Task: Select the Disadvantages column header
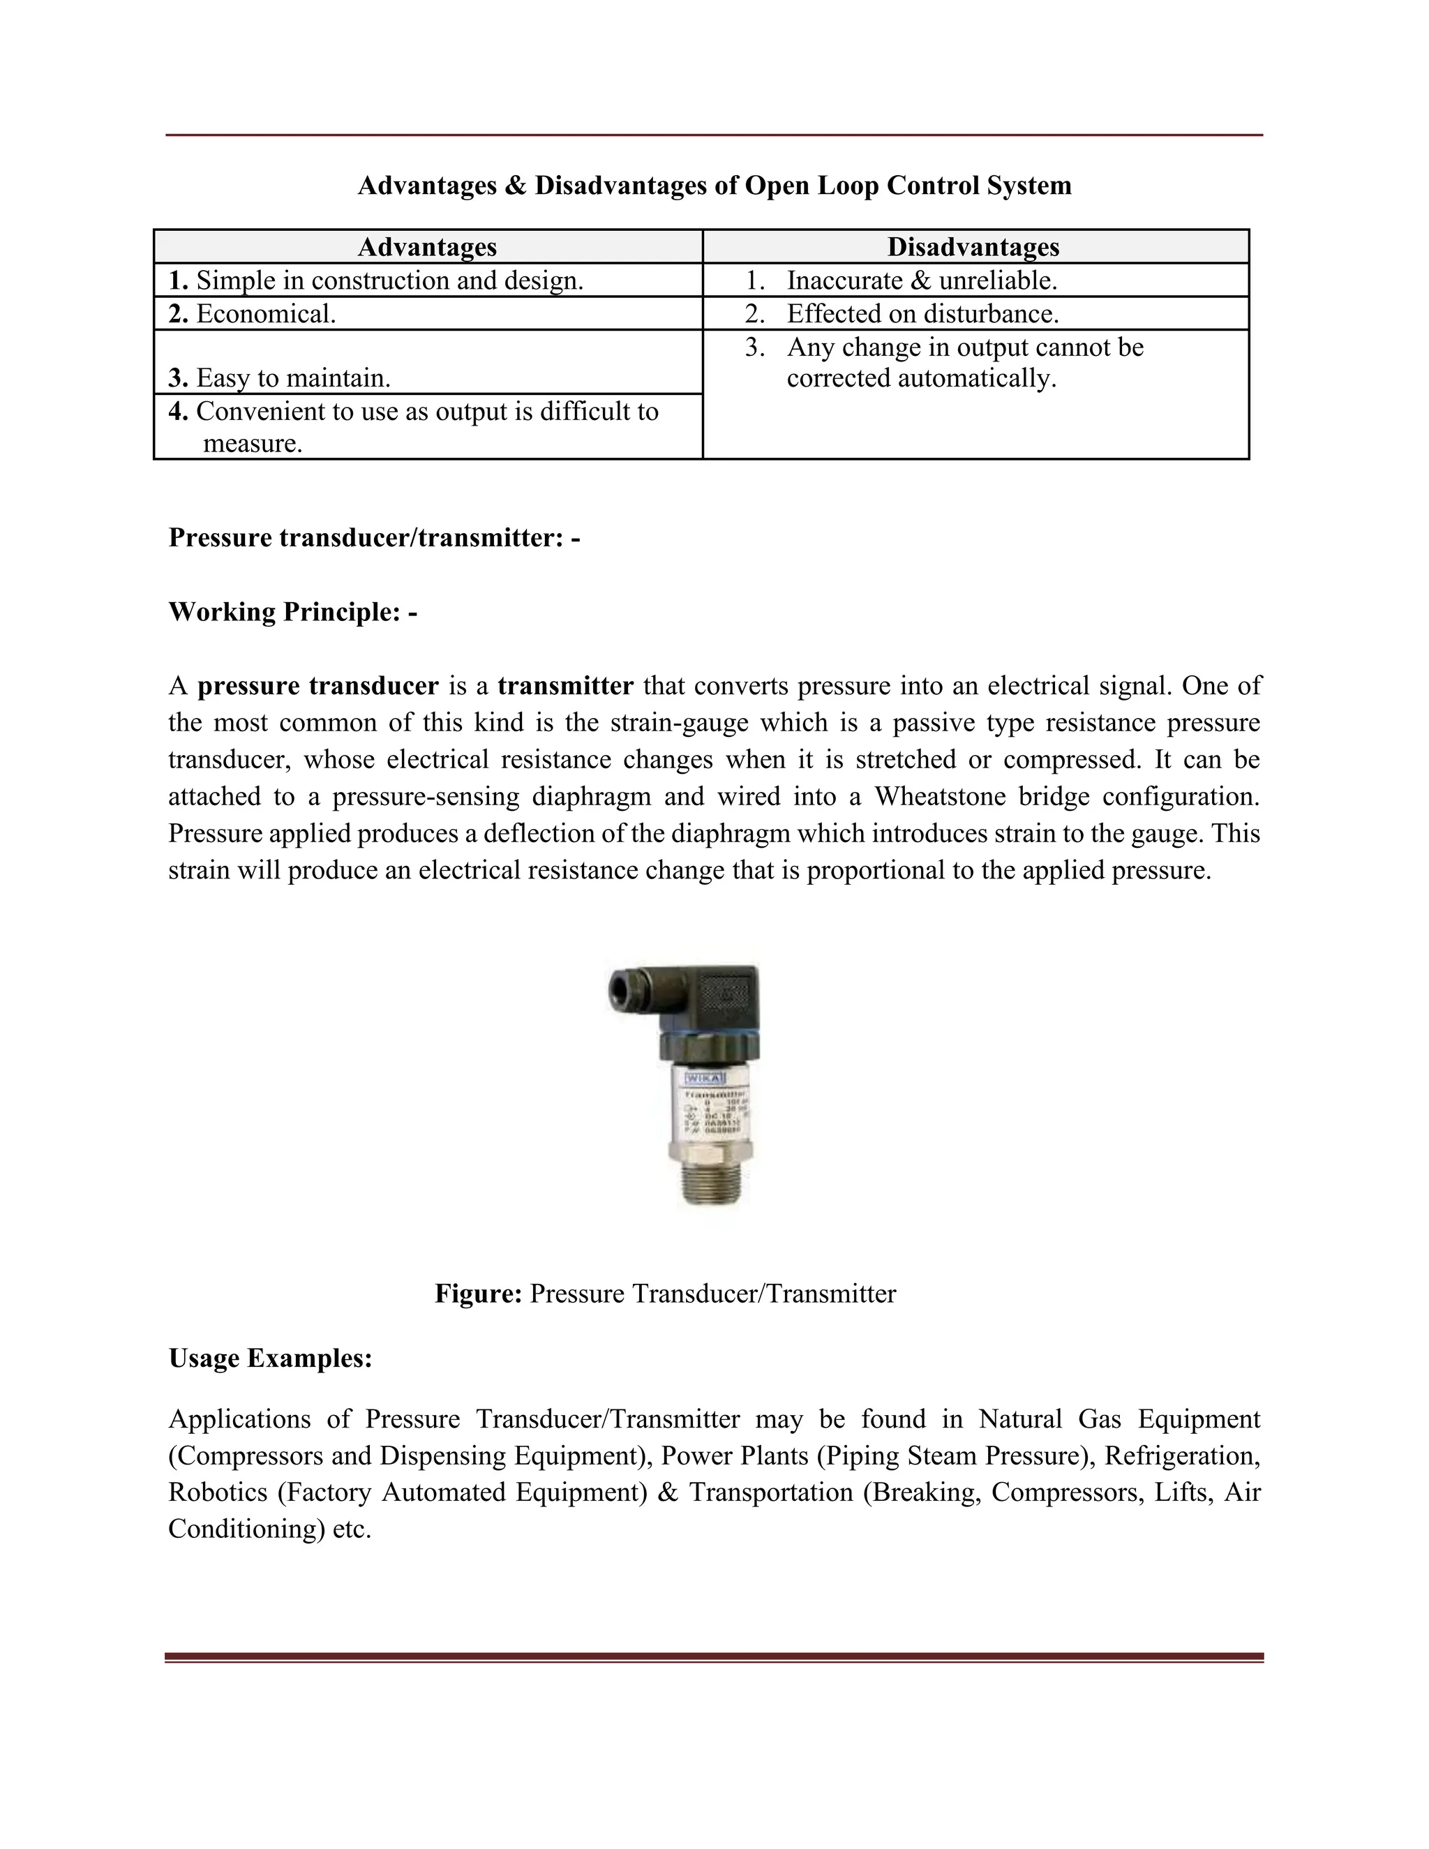973,247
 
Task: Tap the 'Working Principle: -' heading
293,611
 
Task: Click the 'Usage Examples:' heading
270,1358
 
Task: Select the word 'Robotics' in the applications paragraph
218,1492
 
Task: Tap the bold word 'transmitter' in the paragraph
565,686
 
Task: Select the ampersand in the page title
516,186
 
